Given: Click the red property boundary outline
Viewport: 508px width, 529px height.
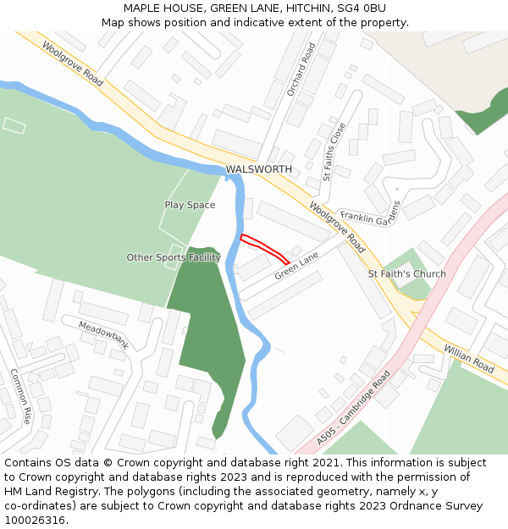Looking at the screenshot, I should coord(265,249).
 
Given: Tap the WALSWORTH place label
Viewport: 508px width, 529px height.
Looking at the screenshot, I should coord(258,169).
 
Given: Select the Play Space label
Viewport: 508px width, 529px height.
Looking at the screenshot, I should coord(190,205).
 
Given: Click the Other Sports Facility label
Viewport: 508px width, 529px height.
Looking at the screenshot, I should coord(173,257).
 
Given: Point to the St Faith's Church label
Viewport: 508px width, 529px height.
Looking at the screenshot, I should coord(406,274).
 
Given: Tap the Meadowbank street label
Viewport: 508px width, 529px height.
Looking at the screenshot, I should coord(103,335).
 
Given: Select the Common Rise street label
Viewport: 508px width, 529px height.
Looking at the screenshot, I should coord(20,396).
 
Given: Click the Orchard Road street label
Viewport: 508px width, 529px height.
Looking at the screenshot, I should coord(301,69).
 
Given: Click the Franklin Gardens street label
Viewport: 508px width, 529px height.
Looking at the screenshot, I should coord(369,216).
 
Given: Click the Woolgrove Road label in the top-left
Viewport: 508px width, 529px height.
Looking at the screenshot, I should coord(72,65).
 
